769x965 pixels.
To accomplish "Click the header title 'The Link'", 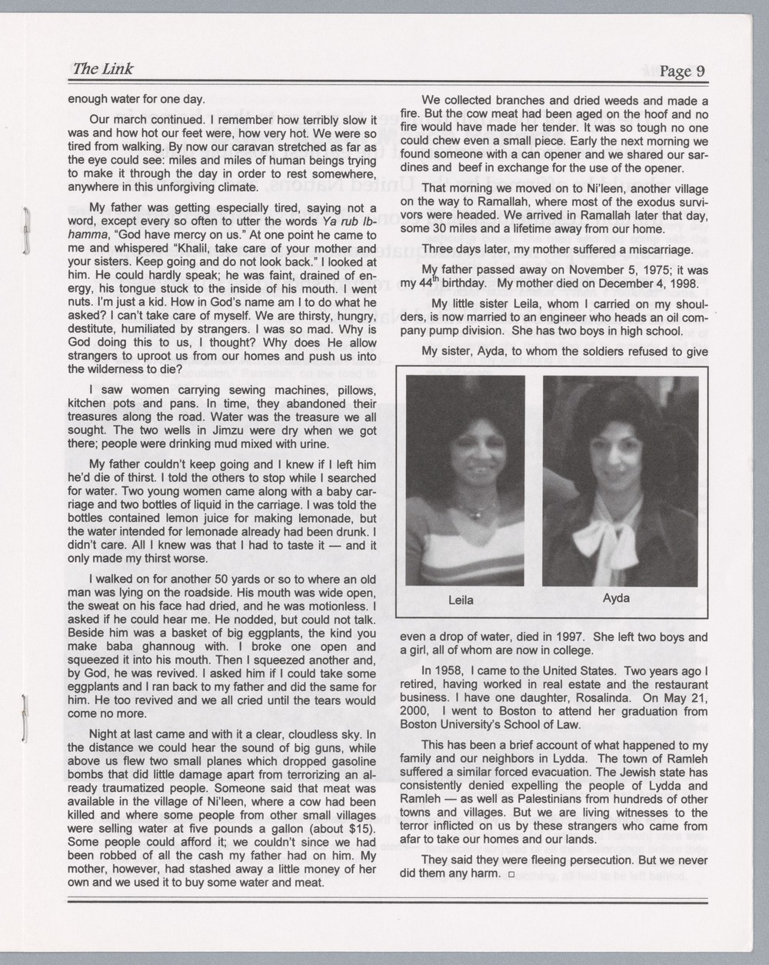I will [102, 69].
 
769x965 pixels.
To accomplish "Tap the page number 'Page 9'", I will [682, 72].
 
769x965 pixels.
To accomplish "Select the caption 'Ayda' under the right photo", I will [616, 598].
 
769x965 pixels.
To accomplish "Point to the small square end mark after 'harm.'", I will [511, 875].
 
